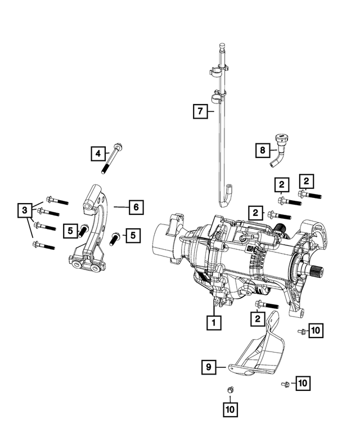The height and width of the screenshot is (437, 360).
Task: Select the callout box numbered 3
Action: click(24, 211)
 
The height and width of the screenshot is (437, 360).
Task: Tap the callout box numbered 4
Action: click(98, 152)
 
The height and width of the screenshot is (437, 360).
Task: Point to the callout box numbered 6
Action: click(136, 207)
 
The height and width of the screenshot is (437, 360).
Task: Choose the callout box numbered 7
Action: click(199, 111)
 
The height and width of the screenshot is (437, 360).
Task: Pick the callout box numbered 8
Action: click(262, 150)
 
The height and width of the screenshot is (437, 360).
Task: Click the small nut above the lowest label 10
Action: click(229, 390)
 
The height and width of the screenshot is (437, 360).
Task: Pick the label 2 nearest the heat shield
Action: click(258, 319)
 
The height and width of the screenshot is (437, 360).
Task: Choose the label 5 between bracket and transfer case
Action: click(133, 235)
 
